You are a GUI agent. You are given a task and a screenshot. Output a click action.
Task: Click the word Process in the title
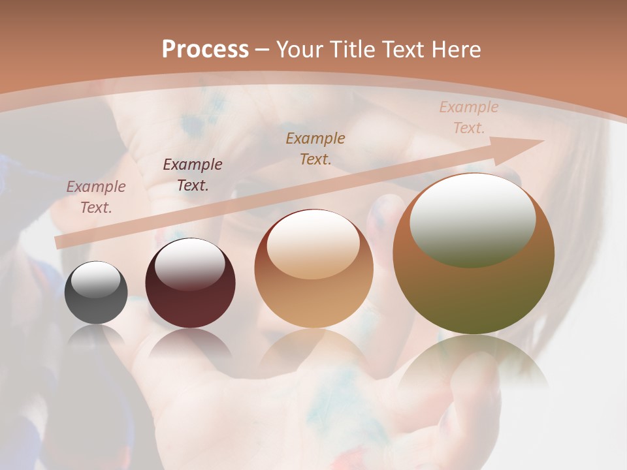(205, 50)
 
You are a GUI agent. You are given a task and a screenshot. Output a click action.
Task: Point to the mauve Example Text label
(96, 196)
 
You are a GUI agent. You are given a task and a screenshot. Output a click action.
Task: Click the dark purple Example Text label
(193, 174)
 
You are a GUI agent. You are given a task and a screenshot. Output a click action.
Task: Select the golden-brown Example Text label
(315, 148)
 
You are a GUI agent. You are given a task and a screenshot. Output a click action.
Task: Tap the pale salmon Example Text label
(468, 117)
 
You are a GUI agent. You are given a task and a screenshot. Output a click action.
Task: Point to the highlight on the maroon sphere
(189, 264)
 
